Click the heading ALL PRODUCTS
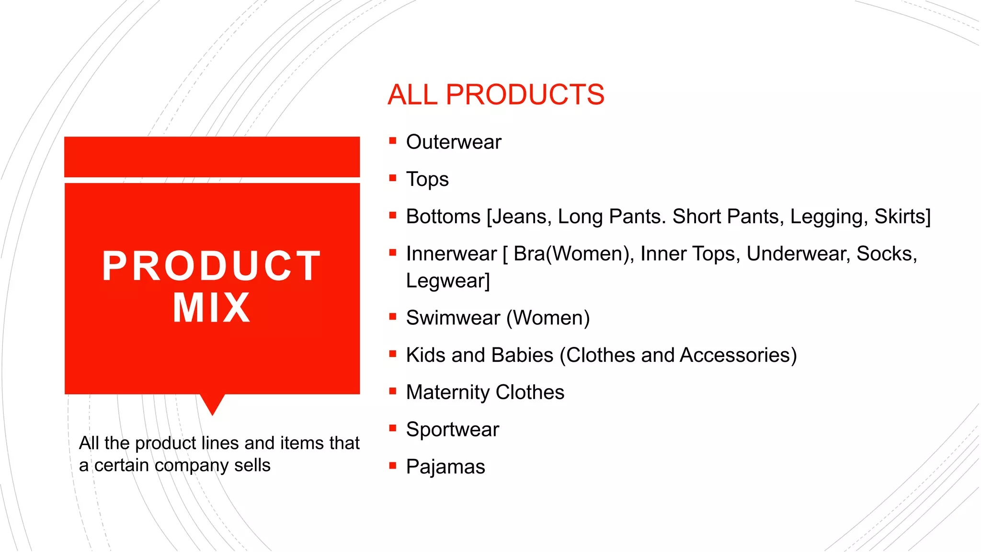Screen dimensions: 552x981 (496, 94)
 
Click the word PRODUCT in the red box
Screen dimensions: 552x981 (211, 266)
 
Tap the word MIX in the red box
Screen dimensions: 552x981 (211, 308)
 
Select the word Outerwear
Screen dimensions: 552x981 (453, 142)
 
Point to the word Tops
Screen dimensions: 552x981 (427, 179)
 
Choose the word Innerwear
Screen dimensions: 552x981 (451, 254)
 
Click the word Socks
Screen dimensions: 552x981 (886, 254)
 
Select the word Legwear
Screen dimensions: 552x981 (447, 281)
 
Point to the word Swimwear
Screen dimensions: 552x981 (453, 318)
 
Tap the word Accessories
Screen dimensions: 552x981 (738, 355)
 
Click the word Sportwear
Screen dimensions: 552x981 (452, 429)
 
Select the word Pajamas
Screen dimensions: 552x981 (445, 467)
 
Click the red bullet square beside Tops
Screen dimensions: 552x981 (393, 178)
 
